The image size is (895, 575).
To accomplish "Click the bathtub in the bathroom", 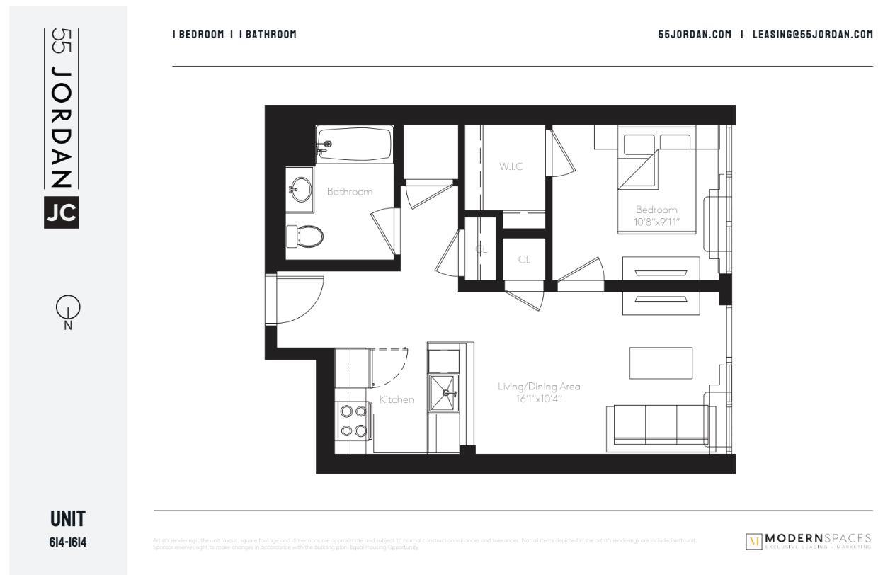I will (354, 145).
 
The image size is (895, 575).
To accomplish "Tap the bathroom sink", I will (301, 189).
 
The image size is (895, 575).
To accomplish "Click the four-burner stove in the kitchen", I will (352, 420).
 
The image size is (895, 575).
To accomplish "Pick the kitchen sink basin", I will (444, 390).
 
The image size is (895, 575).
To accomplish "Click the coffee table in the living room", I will (661, 363).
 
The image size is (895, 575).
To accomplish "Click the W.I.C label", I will (511, 166).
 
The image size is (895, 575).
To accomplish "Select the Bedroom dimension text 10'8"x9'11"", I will (657, 222).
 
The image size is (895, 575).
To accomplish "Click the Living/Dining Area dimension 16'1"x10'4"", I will (539, 399).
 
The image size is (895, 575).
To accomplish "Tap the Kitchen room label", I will (397, 399).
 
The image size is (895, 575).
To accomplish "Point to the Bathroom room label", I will (349, 191).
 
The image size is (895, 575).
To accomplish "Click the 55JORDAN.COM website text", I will (695, 34).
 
